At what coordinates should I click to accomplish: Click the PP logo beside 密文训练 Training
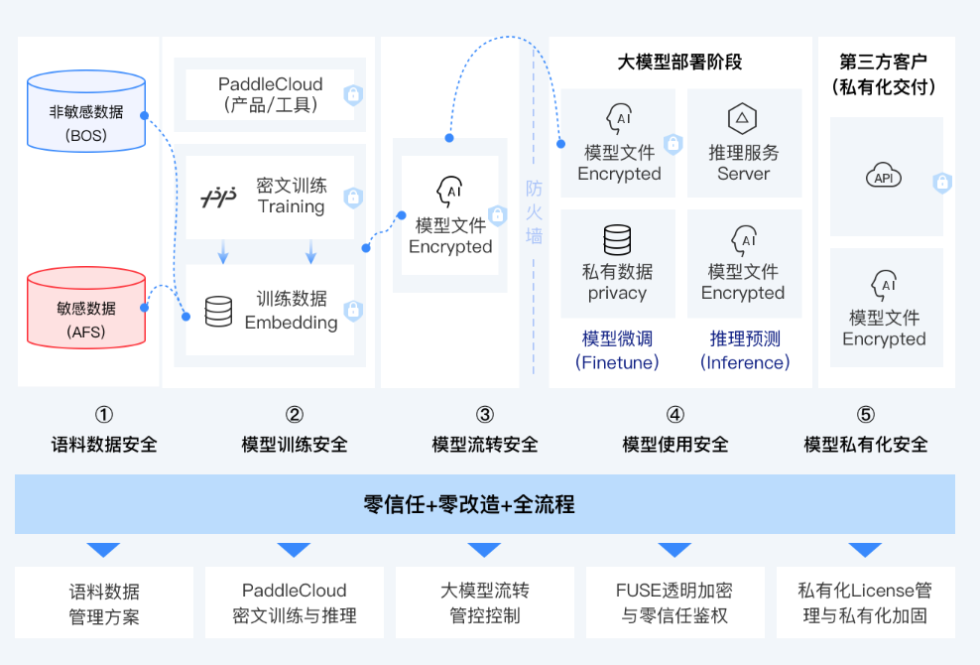point(219,198)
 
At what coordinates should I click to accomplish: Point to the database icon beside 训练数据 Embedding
point(218,312)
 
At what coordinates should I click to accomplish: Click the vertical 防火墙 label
point(535,212)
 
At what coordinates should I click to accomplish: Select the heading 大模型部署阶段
point(679,63)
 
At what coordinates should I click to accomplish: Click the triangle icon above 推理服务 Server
point(742,120)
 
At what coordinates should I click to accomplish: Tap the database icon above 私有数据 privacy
point(617,240)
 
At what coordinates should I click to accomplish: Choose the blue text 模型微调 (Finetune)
point(617,350)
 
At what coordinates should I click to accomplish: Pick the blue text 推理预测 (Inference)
point(745,350)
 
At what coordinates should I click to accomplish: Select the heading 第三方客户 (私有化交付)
point(885,74)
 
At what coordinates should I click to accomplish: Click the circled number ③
point(484,415)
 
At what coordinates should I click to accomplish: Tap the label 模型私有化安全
point(866,445)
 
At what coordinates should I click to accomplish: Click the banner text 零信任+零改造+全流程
point(484,504)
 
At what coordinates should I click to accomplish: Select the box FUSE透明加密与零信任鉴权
point(674,602)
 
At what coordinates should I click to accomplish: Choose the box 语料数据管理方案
point(104,602)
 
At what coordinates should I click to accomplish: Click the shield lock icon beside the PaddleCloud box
point(352,95)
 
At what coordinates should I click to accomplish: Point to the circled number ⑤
point(866,415)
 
